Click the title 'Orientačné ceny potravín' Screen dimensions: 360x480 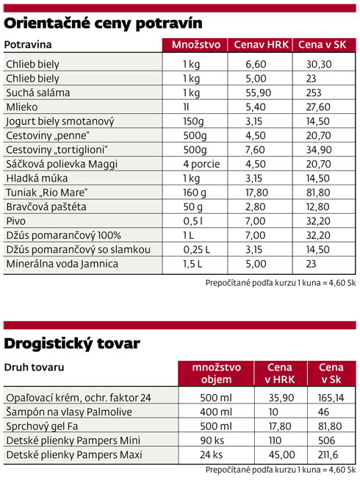pos(103,24)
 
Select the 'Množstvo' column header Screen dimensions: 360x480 pos(196,45)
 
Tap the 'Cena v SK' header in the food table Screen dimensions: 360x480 pos(322,45)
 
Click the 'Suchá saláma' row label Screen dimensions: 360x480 pos(38,93)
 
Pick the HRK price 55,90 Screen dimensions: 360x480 pos(258,93)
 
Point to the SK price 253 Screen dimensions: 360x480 pos(314,93)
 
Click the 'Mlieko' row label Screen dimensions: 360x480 pos(22,107)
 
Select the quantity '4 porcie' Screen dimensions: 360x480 pos(201,164)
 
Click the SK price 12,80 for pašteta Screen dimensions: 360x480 pos(318,207)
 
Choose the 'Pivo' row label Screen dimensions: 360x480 pos(16,221)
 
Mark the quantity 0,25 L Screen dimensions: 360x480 pos(197,250)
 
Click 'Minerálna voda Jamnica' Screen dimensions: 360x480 pos(62,264)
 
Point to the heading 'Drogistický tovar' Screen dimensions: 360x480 pos(72,344)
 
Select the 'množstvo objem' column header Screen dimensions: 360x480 pos(216,373)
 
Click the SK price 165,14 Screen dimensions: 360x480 pos(331,398)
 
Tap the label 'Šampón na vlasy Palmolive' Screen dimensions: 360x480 pos(69,412)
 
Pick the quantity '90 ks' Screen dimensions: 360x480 pos(212,440)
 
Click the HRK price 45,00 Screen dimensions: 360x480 pos(281,455)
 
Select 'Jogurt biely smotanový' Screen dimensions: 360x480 pos(60,121)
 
